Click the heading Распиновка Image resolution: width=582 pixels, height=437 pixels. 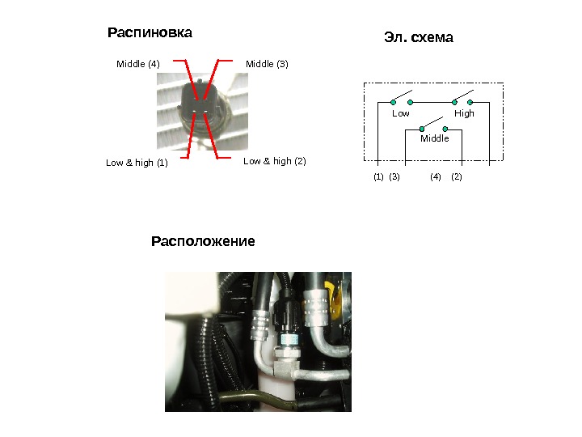point(150,34)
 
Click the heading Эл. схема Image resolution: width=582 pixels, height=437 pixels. point(417,38)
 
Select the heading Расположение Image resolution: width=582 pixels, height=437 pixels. point(203,241)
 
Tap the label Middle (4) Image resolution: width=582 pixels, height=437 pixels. point(138,63)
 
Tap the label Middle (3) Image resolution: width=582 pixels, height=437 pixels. point(267,63)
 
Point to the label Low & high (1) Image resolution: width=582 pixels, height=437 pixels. point(137,163)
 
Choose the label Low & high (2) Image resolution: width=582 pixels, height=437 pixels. point(275,161)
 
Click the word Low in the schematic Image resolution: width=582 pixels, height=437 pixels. point(401,114)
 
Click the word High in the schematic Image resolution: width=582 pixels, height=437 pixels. point(464,114)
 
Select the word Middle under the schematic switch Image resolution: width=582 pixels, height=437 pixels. point(434,138)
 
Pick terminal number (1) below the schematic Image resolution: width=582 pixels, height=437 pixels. point(378,176)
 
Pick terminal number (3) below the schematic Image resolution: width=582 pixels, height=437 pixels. point(394,176)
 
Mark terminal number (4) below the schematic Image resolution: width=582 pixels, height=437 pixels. point(436,176)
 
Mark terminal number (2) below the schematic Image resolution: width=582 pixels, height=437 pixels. point(456,176)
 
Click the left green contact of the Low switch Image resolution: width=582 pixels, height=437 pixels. point(394,103)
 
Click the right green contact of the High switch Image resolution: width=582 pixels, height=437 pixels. point(470,103)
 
